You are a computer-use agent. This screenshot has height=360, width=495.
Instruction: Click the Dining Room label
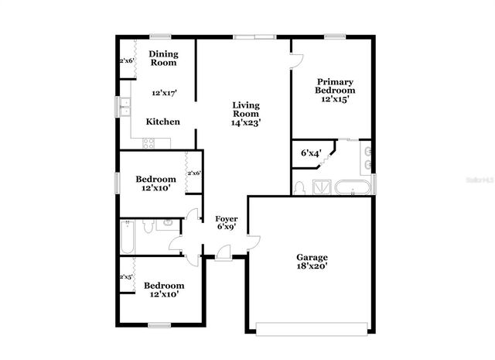[x=163, y=58]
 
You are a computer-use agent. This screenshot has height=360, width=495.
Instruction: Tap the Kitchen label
[x=163, y=122]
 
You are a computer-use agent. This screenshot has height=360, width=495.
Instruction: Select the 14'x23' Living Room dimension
[x=246, y=122]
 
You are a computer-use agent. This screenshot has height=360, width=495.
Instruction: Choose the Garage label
[x=312, y=257]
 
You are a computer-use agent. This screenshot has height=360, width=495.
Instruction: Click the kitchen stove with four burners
[x=149, y=142]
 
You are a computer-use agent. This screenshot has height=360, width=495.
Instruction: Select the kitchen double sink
[x=125, y=106]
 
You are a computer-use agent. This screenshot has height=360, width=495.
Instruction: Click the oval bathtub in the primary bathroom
[x=353, y=187]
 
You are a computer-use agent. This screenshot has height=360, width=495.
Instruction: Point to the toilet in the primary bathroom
[x=300, y=187]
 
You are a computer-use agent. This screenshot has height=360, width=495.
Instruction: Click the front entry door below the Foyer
[x=223, y=252]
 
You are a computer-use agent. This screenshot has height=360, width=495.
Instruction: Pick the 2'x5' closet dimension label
[x=125, y=276]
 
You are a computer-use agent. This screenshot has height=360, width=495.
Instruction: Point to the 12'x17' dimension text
[x=164, y=93]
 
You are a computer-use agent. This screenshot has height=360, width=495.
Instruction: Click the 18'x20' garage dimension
[x=312, y=267]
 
